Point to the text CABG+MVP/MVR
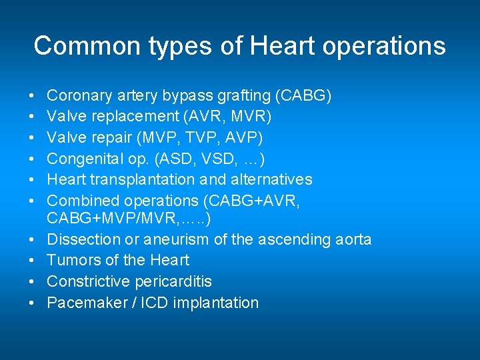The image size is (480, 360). pos(113,219)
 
